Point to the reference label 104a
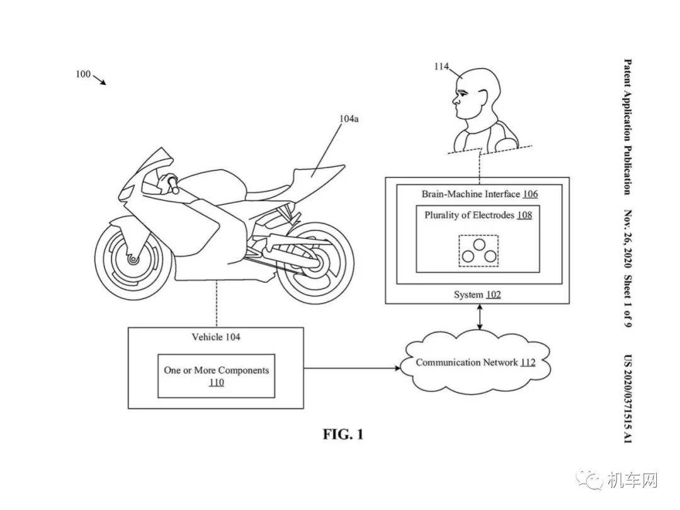(x=349, y=118)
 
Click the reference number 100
(x=83, y=74)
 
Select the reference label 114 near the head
(x=441, y=66)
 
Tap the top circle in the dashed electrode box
(x=479, y=244)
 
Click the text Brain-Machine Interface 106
(x=480, y=194)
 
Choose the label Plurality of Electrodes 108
(x=478, y=215)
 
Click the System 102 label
(x=477, y=295)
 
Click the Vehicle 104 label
(x=216, y=337)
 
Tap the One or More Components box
(x=216, y=375)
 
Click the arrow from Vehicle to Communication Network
(x=352, y=368)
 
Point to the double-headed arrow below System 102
(x=479, y=317)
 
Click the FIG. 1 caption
(x=343, y=434)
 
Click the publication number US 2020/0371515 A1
(x=628, y=399)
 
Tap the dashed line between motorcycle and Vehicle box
(x=217, y=303)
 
